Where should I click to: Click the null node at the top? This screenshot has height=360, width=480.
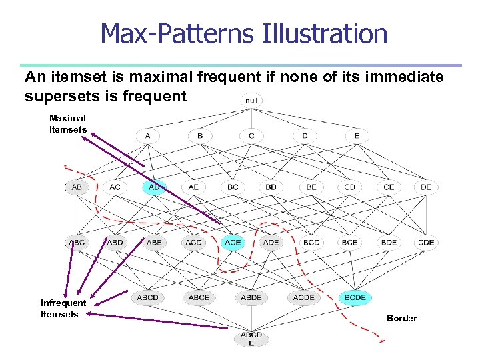[x=251, y=101]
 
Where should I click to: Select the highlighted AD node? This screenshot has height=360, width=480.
[x=154, y=187]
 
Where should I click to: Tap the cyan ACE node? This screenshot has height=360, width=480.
[x=233, y=243]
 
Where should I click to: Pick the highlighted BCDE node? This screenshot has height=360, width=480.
[x=355, y=297]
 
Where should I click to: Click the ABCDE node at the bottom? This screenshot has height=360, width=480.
[x=251, y=339]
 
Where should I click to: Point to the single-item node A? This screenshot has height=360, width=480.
[x=148, y=136]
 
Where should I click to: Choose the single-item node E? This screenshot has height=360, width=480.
[x=357, y=136]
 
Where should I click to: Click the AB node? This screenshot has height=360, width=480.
[x=77, y=187]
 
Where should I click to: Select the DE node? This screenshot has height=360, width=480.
[x=426, y=187]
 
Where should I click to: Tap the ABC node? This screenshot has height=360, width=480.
[x=77, y=243]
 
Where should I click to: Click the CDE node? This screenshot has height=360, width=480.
[x=426, y=243]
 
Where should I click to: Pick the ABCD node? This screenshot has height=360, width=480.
[x=148, y=297]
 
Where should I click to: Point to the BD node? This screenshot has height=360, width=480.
[x=271, y=187]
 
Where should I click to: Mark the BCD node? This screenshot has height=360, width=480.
[x=311, y=243]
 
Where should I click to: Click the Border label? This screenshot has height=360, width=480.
[x=401, y=318]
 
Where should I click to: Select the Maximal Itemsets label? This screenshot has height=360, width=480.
[x=67, y=123]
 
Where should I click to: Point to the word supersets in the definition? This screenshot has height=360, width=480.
[x=65, y=96]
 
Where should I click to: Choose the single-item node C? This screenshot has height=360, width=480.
[x=251, y=136]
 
